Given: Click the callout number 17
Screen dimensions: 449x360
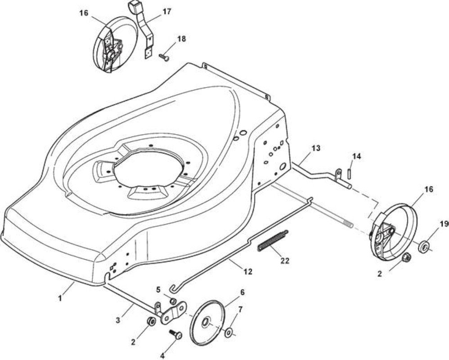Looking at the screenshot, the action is click(x=166, y=12).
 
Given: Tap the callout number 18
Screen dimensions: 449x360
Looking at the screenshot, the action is click(x=182, y=39).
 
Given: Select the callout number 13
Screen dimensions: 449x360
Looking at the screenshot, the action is click(x=316, y=148).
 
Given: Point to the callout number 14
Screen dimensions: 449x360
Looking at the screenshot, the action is click(x=357, y=156).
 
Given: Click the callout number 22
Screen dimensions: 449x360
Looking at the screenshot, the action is click(x=285, y=261).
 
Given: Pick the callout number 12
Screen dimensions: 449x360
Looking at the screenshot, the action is click(x=248, y=271).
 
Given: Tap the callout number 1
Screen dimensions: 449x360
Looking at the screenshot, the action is click(x=60, y=298).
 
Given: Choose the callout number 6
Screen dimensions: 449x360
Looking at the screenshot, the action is click(x=242, y=292).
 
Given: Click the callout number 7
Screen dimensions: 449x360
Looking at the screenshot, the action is click(x=240, y=309).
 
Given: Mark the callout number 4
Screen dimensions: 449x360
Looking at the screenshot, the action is click(x=162, y=355).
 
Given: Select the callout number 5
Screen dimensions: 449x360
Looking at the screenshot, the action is click(x=158, y=289).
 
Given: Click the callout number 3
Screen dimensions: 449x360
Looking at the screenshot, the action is click(x=118, y=320).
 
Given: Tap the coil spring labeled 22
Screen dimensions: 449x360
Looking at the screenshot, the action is click(x=274, y=241).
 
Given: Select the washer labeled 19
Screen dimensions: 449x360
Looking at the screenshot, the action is click(x=423, y=247).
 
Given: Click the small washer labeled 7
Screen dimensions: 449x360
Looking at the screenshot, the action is click(x=228, y=333).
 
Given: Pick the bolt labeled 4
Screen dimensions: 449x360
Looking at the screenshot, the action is click(x=176, y=334).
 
